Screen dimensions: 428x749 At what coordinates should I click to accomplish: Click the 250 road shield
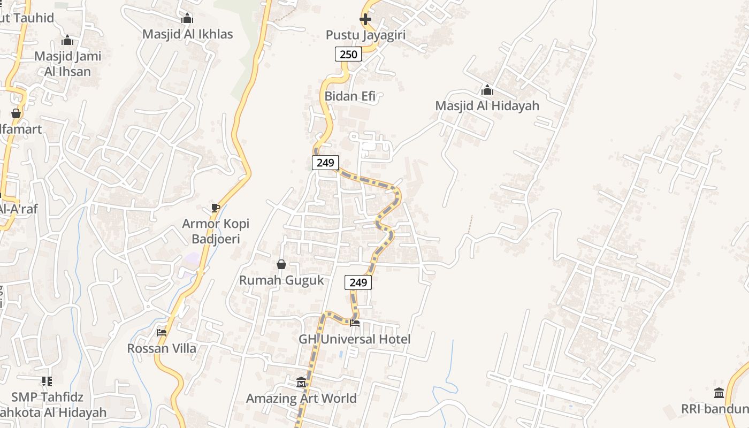348,54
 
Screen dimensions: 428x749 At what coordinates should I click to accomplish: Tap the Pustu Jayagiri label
365,35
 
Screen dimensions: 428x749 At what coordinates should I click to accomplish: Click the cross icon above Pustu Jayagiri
365,20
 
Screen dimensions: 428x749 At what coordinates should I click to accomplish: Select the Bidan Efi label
350,97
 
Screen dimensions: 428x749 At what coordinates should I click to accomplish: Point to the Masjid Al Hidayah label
487,106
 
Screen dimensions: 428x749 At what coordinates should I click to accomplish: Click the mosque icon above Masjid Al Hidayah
487,90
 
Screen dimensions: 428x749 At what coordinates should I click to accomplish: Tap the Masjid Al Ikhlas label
187,34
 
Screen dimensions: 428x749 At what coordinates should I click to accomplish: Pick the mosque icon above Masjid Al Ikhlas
187,19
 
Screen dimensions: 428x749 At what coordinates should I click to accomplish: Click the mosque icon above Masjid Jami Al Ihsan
67,40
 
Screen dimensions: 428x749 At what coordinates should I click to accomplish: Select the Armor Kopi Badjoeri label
215,231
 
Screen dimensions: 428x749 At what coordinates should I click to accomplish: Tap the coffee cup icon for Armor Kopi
215,208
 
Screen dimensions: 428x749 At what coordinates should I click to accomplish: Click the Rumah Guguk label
281,280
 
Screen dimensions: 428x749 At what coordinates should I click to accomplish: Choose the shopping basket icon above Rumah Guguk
281,264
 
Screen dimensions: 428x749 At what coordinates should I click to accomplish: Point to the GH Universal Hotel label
354,339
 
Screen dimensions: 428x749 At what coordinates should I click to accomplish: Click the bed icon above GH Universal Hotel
354,323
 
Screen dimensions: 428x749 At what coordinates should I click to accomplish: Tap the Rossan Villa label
162,349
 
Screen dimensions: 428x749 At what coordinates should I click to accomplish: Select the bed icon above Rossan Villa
162,333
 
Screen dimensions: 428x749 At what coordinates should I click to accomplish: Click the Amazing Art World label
301,399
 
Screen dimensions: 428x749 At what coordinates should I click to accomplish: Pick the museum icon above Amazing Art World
301,383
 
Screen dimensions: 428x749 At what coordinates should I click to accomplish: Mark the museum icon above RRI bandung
719,393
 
